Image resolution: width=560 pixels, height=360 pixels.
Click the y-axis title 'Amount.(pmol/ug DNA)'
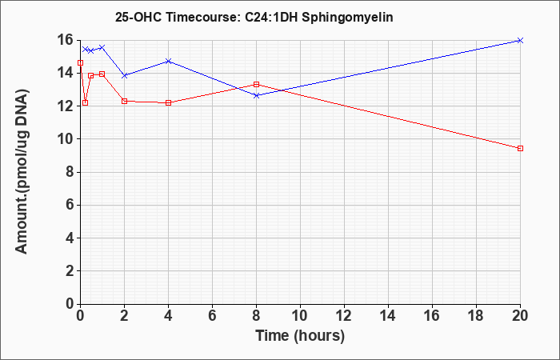coord(22,172)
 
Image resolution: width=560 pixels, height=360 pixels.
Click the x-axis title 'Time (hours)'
coord(300,336)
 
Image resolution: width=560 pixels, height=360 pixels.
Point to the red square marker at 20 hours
coord(520,148)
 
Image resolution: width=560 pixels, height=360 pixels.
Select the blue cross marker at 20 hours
coord(520,40)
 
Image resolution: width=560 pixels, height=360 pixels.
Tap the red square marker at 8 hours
coord(256,84)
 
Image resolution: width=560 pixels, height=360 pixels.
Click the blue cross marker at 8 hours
coord(256,96)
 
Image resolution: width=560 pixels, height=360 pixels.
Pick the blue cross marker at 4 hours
coord(169,61)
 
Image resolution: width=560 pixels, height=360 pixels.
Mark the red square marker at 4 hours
coord(169,103)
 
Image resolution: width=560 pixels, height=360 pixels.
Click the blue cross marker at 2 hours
coord(124,76)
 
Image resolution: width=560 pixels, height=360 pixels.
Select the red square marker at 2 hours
coord(124,101)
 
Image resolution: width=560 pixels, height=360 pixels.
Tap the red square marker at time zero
coord(80,63)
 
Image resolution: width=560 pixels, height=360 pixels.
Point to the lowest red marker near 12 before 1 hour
coord(85,103)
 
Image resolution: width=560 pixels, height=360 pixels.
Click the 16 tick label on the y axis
coord(67,40)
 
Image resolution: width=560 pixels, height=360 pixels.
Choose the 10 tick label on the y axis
coord(67,139)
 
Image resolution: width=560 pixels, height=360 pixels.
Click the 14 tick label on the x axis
coord(388,316)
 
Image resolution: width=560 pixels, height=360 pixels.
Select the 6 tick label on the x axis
coord(213,316)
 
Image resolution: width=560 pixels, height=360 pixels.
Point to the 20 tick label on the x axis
coord(519,316)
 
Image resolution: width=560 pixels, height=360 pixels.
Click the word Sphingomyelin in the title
coord(347,17)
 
